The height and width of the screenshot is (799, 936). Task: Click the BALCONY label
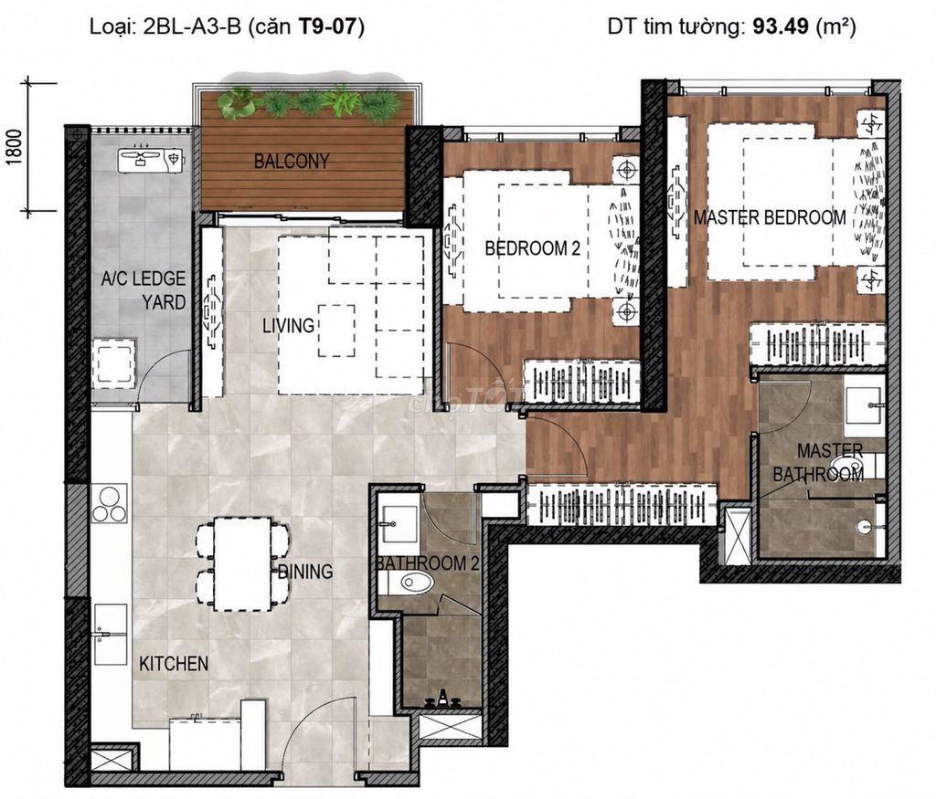pyautogui.click(x=292, y=161)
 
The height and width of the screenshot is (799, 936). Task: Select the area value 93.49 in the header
pyautogui.click(x=781, y=26)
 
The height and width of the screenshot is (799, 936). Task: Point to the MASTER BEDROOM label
pyautogui.click(x=770, y=217)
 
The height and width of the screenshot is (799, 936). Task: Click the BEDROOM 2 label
pyautogui.click(x=533, y=248)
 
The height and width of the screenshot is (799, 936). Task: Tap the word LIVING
pyautogui.click(x=288, y=326)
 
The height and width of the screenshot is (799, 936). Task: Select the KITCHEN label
pyautogui.click(x=174, y=664)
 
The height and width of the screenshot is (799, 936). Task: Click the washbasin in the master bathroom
pyautogui.click(x=863, y=405)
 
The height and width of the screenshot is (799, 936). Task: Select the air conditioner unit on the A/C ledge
pyautogui.click(x=152, y=161)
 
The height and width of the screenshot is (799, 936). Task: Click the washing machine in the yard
pyautogui.click(x=113, y=363)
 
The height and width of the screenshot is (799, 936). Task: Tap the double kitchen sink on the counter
pyautogui.click(x=110, y=635)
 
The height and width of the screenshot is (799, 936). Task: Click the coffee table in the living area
pyautogui.click(x=336, y=331)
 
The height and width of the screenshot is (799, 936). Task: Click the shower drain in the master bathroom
pyautogui.click(x=863, y=527)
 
